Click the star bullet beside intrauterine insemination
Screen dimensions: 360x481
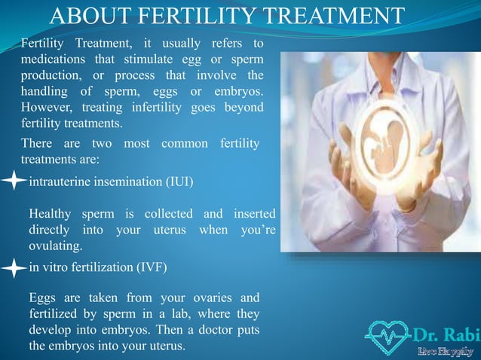[14, 182]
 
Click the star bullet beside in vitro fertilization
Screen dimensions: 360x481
[14, 267]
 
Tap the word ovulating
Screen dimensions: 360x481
[56, 246]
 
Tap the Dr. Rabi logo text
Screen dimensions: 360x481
[446, 332]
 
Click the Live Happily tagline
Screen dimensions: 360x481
[446, 350]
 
